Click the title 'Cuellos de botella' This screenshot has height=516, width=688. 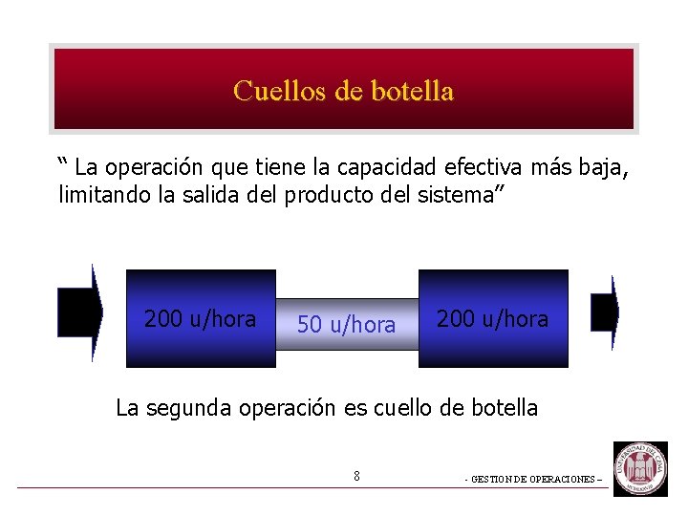point(343,92)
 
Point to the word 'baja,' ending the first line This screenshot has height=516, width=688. point(604,168)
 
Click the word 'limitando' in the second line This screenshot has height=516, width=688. point(99,195)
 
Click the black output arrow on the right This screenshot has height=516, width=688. point(605,312)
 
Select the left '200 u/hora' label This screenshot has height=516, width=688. point(200,319)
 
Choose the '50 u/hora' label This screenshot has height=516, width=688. point(346,325)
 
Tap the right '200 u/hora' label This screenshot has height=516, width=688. point(492,319)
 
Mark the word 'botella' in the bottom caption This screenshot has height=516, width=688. point(503,408)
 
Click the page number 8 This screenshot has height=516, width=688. point(356,475)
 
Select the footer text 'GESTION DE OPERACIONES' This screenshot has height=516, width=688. point(531,480)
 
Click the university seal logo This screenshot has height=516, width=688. point(640,468)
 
